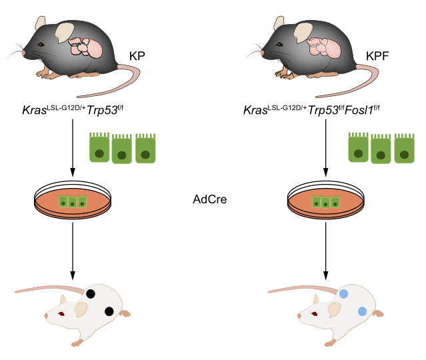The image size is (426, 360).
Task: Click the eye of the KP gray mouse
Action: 41,45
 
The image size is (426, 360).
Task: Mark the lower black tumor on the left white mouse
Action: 109,311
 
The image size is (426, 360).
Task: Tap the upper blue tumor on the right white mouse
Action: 345,293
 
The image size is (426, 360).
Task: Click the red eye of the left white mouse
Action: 60,313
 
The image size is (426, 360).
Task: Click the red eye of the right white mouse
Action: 313,313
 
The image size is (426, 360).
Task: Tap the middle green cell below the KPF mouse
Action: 381,149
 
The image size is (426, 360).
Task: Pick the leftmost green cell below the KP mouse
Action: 99,148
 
